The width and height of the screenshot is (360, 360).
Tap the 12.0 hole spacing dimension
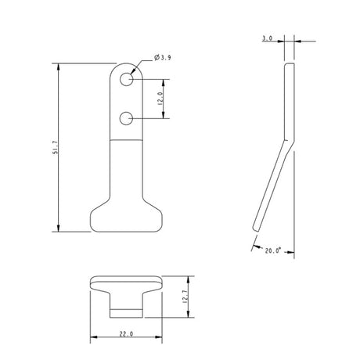(x=160, y=99)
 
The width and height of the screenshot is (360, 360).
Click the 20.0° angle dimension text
(x=272, y=250)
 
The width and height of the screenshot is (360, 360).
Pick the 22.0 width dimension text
(x=127, y=334)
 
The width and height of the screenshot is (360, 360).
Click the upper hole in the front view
(x=126, y=79)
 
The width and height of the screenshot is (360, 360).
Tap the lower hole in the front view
(x=126, y=118)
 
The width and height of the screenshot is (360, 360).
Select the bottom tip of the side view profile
(x=255, y=228)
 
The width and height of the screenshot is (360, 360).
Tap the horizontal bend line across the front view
(x=126, y=139)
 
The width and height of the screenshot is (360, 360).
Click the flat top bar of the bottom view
(x=126, y=282)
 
